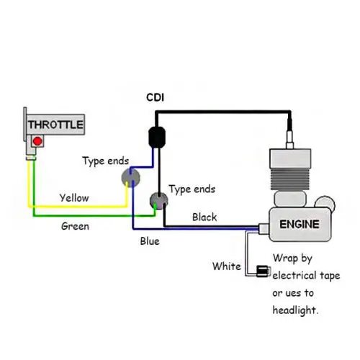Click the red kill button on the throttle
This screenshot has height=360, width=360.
pyautogui.click(x=37, y=141)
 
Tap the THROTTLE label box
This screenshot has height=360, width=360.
pyautogui.click(x=55, y=125)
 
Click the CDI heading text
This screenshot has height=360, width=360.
pyautogui.click(x=156, y=97)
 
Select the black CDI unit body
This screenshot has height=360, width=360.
pyautogui.click(x=157, y=138)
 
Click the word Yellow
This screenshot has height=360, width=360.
pyautogui.click(x=74, y=198)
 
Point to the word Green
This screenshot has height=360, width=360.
pyautogui.click(x=75, y=226)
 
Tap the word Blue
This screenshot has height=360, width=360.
pyautogui.click(x=150, y=241)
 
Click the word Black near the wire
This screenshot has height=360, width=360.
pyautogui.click(x=204, y=217)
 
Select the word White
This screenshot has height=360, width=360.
pyautogui.click(x=227, y=266)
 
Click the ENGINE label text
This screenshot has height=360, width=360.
pyautogui.click(x=300, y=224)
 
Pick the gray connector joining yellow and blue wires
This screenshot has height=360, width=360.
pyautogui.click(x=131, y=178)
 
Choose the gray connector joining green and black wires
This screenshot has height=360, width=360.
pyautogui.click(x=158, y=201)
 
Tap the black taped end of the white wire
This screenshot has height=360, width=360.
pyautogui.click(x=262, y=271)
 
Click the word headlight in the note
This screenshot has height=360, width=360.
pyautogui.click(x=295, y=310)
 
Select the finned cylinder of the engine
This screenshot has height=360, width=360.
pyautogui.click(x=290, y=179)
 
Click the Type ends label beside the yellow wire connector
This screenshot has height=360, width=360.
pyautogui.click(x=106, y=161)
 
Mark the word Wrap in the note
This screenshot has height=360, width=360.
pyautogui.click(x=285, y=258)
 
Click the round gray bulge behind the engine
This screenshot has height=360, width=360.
pyautogui.click(x=325, y=203)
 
